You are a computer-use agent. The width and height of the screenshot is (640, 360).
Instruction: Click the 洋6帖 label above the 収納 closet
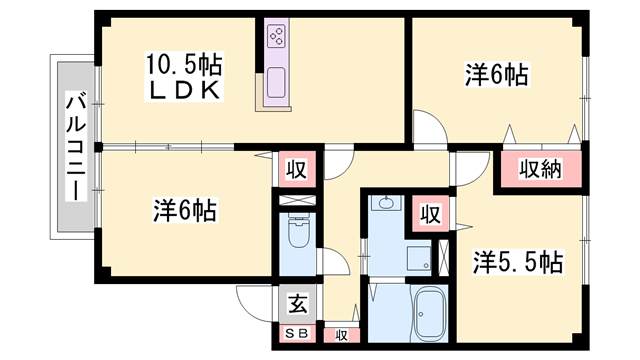pyautogui.click(x=496, y=74)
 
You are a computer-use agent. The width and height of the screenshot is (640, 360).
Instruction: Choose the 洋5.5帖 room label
pyautogui.click(x=516, y=262)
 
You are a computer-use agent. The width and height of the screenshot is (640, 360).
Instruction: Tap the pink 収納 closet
pyautogui.click(x=540, y=168)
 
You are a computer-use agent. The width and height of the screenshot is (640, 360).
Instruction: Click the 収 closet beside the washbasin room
pyautogui.click(x=429, y=213)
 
